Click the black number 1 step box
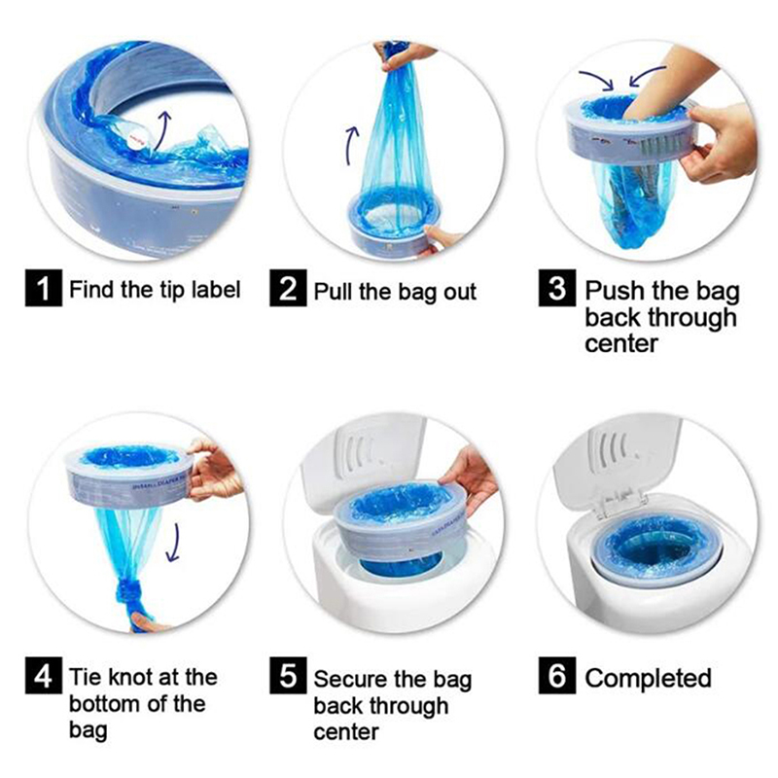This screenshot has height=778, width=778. tap(44, 288)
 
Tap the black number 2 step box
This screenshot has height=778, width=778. tap(288, 288)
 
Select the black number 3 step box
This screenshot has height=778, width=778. tap(557, 288)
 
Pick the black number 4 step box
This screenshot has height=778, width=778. tap(44, 675)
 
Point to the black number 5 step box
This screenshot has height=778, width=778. tap(288, 675)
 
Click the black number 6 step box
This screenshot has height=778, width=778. tap(557, 675)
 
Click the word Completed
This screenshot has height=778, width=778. tap(648, 678)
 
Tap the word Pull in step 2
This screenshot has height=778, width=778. tap(334, 291)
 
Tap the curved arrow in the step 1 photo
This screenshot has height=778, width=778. tap(161, 129)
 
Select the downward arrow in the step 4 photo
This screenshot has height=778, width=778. tap(173, 543)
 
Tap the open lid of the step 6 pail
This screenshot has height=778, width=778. tap(619, 459)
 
